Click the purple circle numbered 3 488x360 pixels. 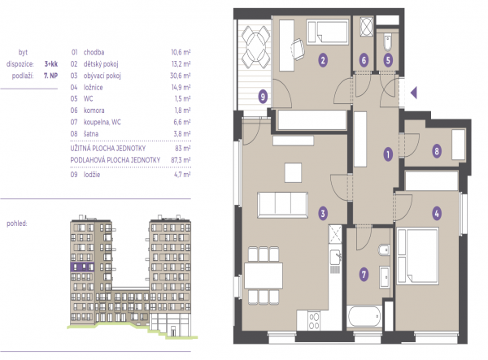323,213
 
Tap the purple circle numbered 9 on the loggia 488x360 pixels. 263,97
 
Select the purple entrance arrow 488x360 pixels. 414,93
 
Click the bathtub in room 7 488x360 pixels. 364,316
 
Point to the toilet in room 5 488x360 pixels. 387,42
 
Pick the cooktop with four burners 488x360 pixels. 314,320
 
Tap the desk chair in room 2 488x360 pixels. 298,49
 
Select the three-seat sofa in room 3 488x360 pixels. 282,205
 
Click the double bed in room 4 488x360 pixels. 418,256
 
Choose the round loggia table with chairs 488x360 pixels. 256,47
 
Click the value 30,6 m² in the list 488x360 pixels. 181,76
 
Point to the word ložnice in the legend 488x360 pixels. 93,87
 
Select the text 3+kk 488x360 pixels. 51,64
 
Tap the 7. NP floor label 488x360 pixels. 50,76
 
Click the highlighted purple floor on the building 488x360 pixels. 82,267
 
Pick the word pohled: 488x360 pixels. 17,223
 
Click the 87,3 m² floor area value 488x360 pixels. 181,160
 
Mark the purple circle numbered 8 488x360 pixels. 437,151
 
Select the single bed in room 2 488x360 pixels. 328,32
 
